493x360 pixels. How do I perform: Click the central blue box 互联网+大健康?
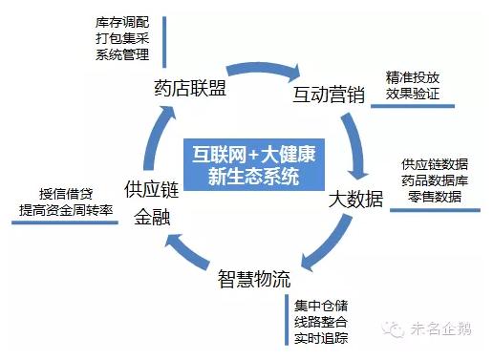(253, 163)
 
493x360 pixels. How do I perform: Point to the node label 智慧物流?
(253, 282)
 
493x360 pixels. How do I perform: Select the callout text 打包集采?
(124, 38)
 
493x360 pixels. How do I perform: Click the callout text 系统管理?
(124, 54)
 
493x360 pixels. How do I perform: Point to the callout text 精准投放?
(415, 76)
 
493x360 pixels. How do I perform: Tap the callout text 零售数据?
(435, 196)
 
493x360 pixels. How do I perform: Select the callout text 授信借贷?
(65, 190)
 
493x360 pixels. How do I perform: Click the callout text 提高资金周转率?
(67, 208)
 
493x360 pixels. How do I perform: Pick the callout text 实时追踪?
(322, 338)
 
